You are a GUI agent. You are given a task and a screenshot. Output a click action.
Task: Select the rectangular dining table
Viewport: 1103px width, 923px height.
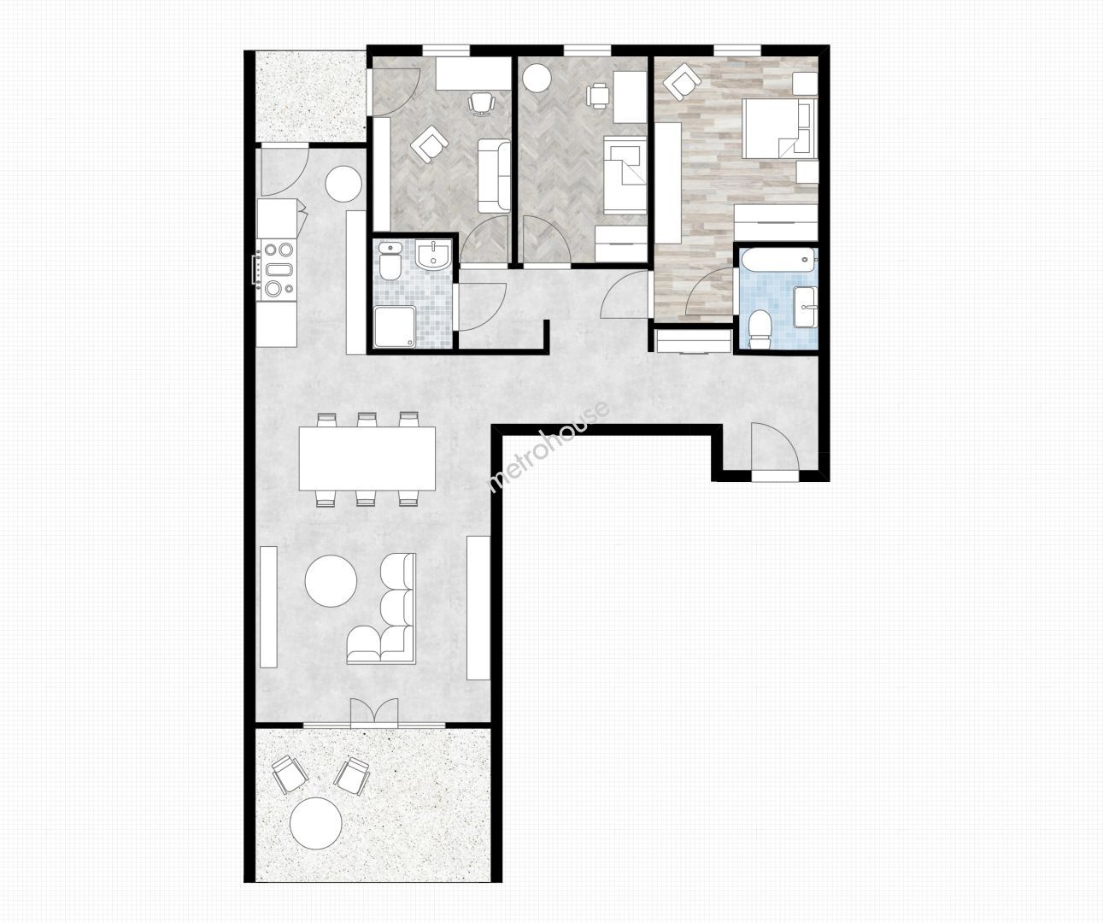[x=367, y=459]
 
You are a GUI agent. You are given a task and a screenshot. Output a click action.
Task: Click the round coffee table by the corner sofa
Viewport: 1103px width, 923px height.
[x=331, y=580]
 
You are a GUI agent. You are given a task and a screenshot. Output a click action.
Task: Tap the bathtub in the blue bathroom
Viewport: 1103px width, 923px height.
[x=777, y=260]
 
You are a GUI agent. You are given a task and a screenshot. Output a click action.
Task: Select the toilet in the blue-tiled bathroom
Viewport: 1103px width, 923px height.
[x=760, y=329]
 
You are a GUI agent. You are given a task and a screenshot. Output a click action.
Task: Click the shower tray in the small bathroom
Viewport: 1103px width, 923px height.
[x=394, y=327]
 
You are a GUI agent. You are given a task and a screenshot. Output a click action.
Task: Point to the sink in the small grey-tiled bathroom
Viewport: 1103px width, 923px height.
[x=433, y=254]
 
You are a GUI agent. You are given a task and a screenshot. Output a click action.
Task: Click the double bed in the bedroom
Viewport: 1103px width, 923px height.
[x=779, y=128]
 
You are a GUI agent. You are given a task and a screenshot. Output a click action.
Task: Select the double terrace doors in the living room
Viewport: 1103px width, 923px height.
[x=374, y=712]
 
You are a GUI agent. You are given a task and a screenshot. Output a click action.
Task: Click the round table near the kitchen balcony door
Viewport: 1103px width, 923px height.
[x=343, y=184]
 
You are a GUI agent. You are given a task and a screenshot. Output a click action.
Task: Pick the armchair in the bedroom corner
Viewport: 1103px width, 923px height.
[x=683, y=81]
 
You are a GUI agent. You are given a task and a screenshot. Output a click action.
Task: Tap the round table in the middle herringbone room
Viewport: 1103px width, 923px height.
[x=537, y=78]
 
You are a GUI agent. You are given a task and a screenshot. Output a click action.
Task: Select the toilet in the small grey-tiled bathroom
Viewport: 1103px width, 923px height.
[x=390, y=261]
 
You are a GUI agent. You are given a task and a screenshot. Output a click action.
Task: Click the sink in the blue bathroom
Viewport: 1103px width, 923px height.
[x=807, y=307]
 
